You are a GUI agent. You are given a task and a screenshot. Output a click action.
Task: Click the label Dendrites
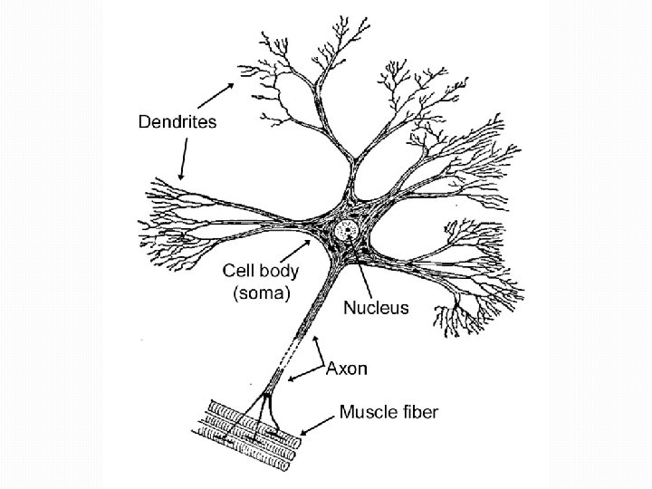pos(177,122)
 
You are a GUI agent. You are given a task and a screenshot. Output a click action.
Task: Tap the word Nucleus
pos(376,308)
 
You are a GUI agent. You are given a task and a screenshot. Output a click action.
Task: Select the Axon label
pos(347,369)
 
